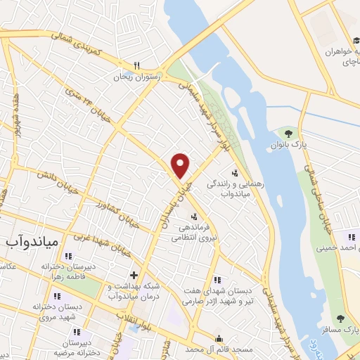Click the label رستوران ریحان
click(139, 77)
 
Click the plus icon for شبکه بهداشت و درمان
click(134, 274)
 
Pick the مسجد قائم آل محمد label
click(219, 349)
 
